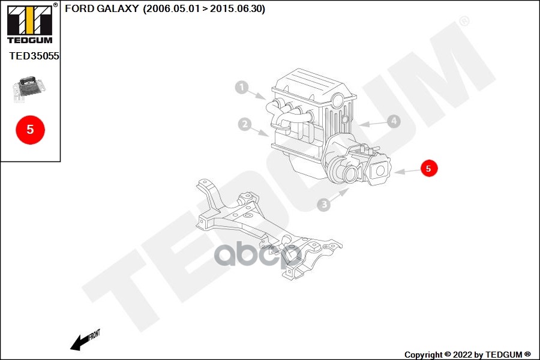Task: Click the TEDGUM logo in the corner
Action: tap(29, 23)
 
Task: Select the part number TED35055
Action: tap(34, 56)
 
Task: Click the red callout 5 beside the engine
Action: tap(428, 169)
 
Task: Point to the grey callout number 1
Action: tap(241, 88)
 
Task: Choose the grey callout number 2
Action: tap(244, 125)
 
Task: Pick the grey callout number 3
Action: tap(324, 205)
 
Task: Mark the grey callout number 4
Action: tap(393, 121)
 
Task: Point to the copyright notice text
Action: tap(467, 355)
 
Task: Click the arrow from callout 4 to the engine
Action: tap(373, 124)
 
